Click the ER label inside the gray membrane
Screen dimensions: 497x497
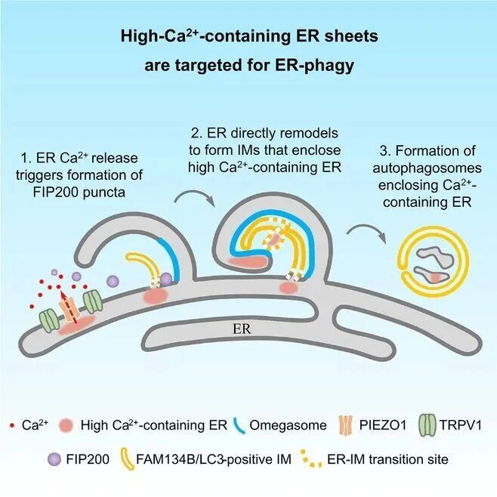pos(242,329)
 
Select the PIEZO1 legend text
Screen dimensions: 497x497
pos(383,425)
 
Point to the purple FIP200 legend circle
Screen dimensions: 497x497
pos(54,459)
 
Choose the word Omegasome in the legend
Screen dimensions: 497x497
pos(288,425)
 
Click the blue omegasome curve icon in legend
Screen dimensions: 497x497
pos(239,426)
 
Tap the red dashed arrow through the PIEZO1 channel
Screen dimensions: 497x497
pos(69,307)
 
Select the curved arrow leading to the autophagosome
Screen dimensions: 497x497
pos(368,230)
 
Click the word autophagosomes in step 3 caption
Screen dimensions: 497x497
pos(427,168)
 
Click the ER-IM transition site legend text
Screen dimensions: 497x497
pos(387,459)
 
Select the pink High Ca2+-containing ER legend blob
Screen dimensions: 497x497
pos(66,425)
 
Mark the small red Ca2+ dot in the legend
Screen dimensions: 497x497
pos(12,425)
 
